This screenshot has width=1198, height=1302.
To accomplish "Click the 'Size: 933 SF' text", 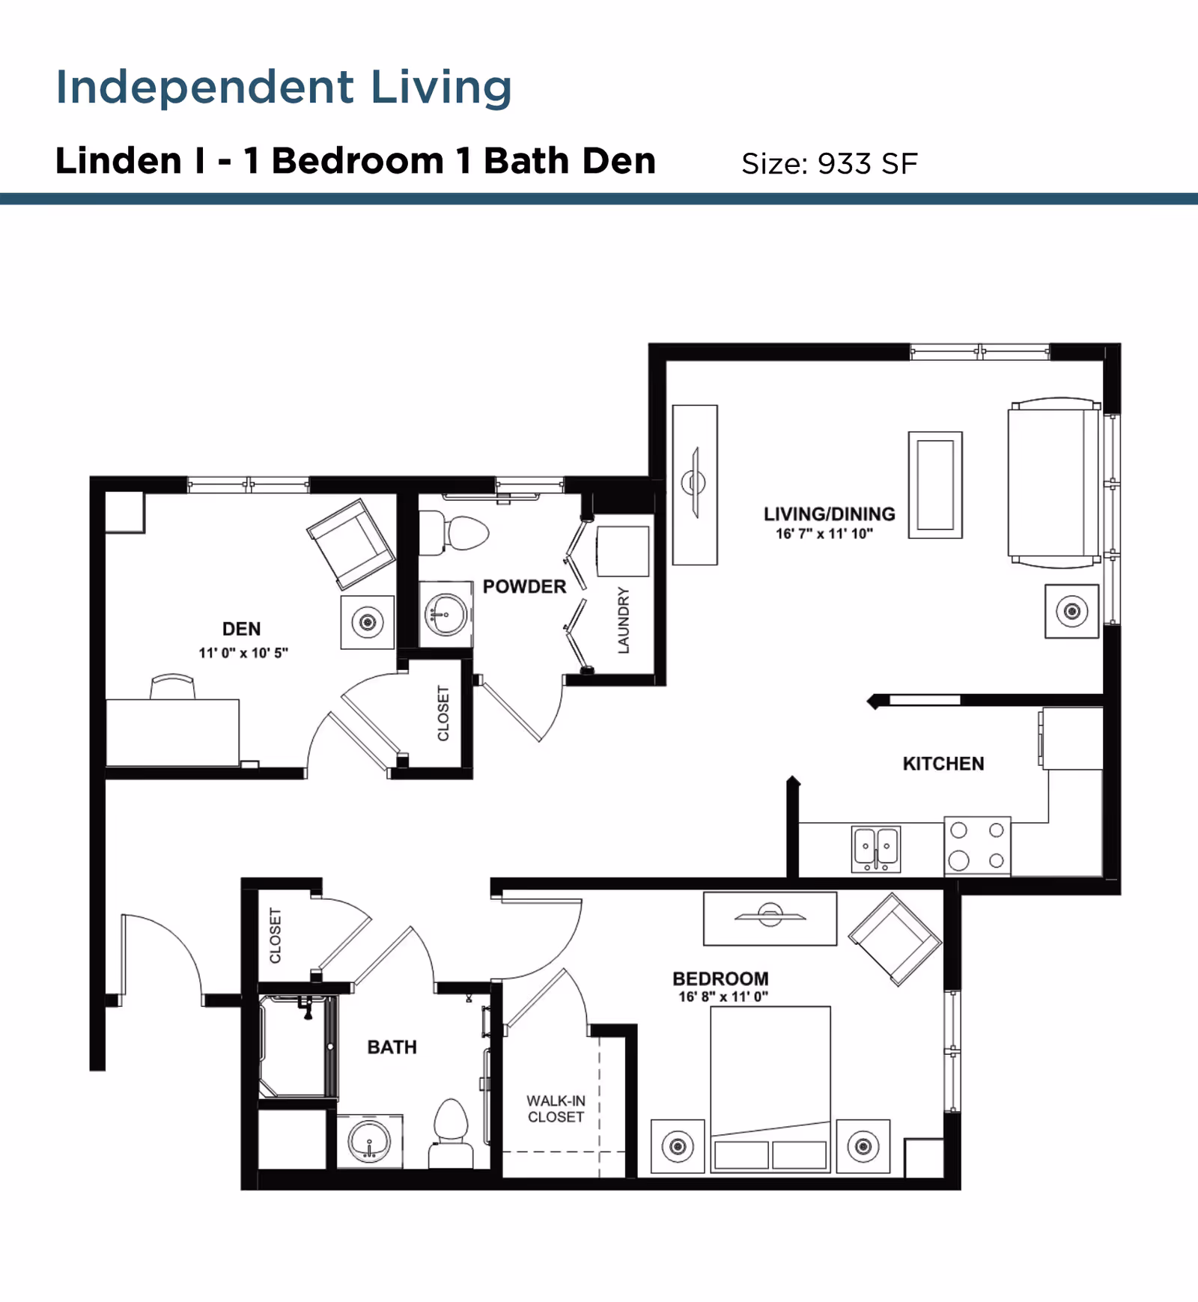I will (829, 163).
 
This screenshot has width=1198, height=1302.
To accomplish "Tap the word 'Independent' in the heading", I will (204, 87).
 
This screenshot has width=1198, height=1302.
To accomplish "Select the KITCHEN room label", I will (943, 764).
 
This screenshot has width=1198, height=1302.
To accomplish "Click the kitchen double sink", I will (876, 848).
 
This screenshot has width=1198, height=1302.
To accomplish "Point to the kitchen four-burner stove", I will (977, 845).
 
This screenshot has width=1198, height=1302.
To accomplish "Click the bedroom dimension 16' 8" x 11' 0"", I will (723, 997).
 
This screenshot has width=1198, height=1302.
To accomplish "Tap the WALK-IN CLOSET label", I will (556, 1109).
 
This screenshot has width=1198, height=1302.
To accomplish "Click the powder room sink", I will (446, 615).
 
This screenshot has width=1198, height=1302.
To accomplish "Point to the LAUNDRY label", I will (623, 621).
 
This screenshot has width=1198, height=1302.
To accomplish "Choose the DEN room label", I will (241, 629).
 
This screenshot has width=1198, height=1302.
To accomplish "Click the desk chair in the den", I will (172, 687).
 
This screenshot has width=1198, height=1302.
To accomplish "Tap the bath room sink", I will (369, 1141).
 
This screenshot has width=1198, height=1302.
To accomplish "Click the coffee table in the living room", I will (935, 484).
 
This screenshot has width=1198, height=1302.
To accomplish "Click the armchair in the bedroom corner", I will (894, 939).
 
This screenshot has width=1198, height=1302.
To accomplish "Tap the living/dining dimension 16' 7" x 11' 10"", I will (824, 534).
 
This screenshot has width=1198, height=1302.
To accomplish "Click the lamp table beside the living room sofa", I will (1071, 611).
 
